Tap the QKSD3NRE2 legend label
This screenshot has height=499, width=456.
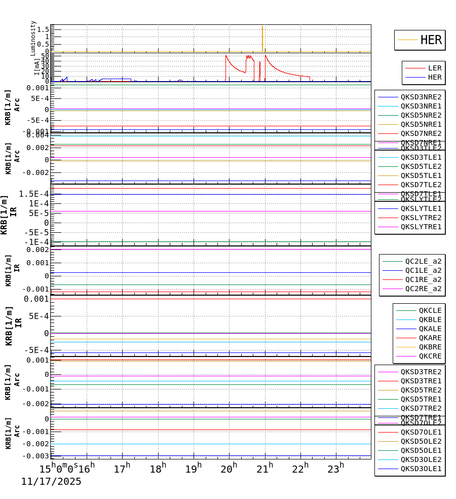pyautogui.click(x=421, y=97)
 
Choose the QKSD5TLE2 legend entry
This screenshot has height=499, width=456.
pyautogui.click(x=421, y=166)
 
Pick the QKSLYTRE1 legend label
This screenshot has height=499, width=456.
pyautogui.click(x=421, y=227)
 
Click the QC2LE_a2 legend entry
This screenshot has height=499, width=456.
pyautogui.click(x=423, y=261)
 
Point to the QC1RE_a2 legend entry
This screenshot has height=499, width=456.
pyautogui.click(x=423, y=279)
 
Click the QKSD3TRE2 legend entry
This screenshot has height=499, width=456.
pyautogui.click(x=421, y=372)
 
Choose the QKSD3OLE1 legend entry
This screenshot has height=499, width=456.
pyautogui.click(x=421, y=469)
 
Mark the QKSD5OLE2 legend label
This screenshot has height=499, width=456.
pyautogui.click(x=421, y=441)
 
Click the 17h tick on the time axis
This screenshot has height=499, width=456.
pyautogui.click(x=122, y=469)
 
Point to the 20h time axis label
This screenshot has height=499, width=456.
pyautogui.click(x=229, y=469)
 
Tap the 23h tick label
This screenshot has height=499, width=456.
pyautogui.click(x=335, y=469)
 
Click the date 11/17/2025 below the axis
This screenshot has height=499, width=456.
pyautogui.click(x=51, y=482)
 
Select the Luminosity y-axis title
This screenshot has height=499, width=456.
pyautogui.click(x=33, y=38)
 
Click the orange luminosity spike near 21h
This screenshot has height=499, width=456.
pyautogui.click(x=262, y=38)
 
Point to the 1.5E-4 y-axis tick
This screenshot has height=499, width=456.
pyautogui.click(x=33, y=194)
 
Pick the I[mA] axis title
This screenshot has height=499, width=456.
pyautogui.click(x=36, y=66)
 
